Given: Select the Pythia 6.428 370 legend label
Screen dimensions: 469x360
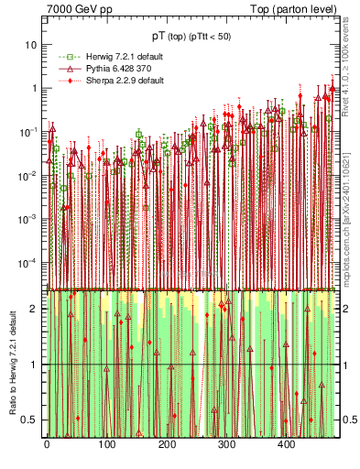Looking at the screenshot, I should tap(103, 68).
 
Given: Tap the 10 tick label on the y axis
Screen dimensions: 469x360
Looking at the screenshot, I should tap(30, 45).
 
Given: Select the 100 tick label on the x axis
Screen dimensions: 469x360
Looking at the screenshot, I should tap(106, 445).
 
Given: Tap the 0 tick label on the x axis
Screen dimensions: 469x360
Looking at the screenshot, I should tap(47, 445).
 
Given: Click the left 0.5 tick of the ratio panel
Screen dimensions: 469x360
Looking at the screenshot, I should tap(29, 420).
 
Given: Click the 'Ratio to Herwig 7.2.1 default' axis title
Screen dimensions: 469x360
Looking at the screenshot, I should tap(13, 363).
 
